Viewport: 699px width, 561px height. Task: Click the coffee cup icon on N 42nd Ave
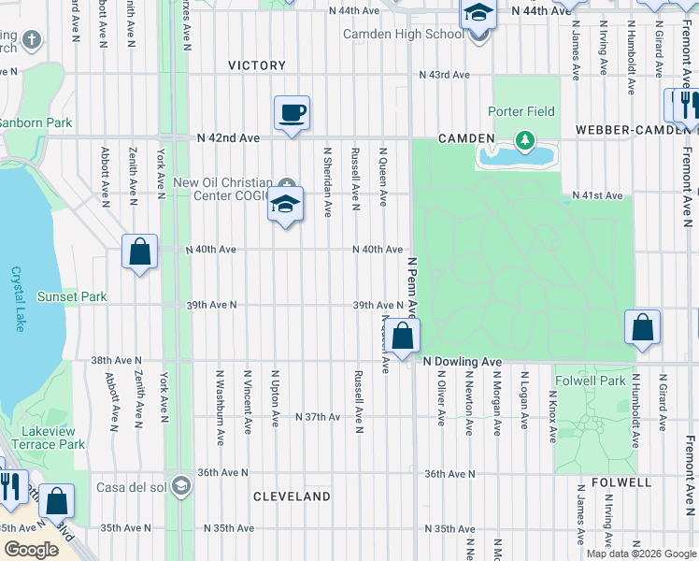coord(292,114)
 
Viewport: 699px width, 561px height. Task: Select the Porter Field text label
coord(521,111)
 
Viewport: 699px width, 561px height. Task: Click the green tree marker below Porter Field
coord(524,141)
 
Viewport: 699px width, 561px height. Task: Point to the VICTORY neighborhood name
coord(257,65)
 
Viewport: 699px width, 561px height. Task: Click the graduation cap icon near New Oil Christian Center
coord(285,206)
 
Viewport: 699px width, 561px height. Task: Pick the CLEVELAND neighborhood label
coord(292,496)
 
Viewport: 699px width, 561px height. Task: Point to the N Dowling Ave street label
coord(463,361)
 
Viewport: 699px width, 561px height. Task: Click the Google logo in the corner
coord(31,550)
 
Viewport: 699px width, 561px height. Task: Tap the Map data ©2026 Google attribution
coord(640,554)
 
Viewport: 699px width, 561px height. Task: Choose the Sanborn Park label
coord(36,122)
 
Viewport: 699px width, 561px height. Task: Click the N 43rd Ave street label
coord(443,74)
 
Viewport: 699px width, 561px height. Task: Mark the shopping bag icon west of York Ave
coord(139,252)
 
